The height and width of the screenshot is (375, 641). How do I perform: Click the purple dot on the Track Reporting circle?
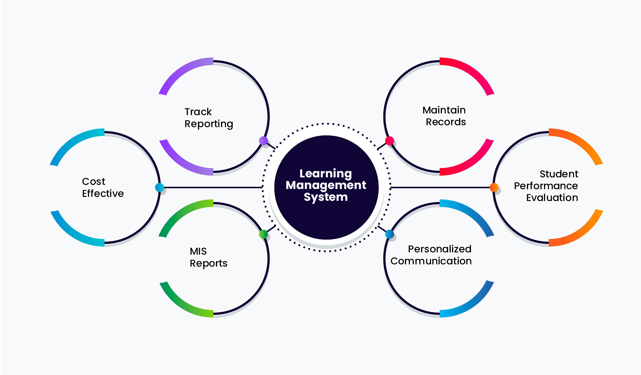[x=263, y=141]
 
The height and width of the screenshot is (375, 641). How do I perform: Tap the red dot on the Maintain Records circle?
[x=389, y=141]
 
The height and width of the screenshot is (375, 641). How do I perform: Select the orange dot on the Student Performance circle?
[x=494, y=187]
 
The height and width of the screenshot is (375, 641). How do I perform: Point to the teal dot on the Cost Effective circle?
[x=159, y=187]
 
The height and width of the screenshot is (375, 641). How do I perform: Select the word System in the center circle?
[x=326, y=197]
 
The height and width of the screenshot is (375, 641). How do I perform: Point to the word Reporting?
[x=209, y=124]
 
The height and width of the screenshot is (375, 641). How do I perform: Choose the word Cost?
[x=94, y=181]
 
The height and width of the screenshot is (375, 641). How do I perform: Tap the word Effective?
[x=103, y=193]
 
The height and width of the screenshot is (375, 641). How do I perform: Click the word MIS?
[x=198, y=251]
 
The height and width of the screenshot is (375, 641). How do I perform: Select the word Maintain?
[x=444, y=110]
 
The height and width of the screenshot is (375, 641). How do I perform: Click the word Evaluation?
[x=552, y=198]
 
